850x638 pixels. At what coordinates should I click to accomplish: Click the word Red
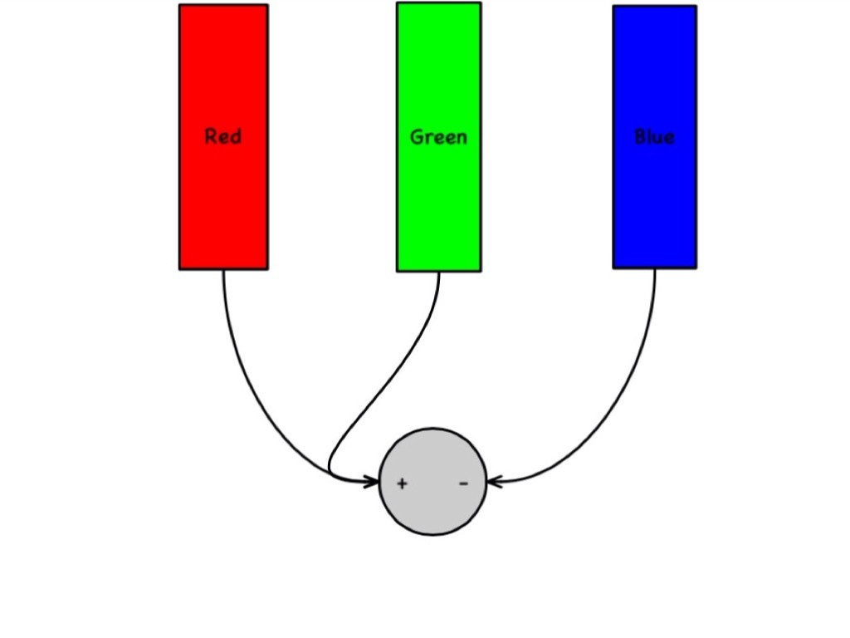click(x=223, y=136)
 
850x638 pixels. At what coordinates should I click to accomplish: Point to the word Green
click(x=438, y=137)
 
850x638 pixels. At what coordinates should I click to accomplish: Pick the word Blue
click(x=654, y=137)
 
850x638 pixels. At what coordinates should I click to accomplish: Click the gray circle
click(x=432, y=507)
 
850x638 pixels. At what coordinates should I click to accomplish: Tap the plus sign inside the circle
click(x=402, y=483)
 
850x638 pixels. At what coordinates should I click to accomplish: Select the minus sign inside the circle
click(x=463, y=483)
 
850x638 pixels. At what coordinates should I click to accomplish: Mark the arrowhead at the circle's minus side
click(x=493, y=481)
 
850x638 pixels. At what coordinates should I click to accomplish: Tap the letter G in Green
click(x=417, y=137)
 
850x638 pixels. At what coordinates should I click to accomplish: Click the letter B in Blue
click(x=640, y=137)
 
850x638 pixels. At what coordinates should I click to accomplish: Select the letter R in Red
click(x=211, y=136)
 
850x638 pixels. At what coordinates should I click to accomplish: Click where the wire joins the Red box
click(x=223, y=270)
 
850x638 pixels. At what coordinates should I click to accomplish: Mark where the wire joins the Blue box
click(x=654, y=269)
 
